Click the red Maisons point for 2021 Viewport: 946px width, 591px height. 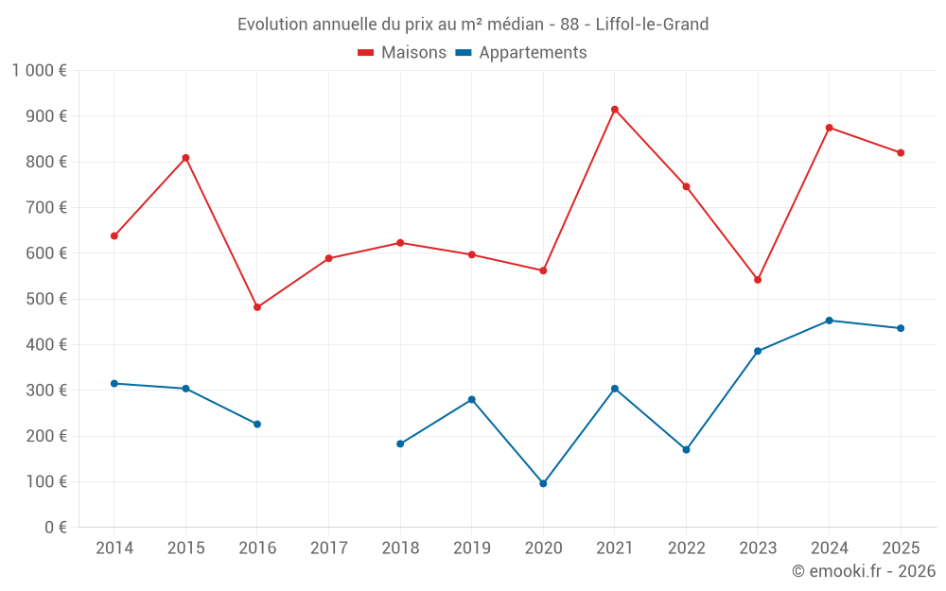(615, 110)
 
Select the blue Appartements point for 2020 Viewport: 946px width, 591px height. (543, 483)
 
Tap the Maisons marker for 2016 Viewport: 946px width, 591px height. (257, 307)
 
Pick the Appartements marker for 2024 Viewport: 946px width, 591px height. (830, 321)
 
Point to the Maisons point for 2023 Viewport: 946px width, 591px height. (758, 280)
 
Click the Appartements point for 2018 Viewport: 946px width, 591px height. (400, 443)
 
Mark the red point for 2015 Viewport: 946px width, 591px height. (185, 158)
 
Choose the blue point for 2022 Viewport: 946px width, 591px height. (686, 449)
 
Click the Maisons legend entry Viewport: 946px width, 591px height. (402, 53)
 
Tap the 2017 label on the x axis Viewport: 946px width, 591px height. (328, 548)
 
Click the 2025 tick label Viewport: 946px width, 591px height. (901, 548)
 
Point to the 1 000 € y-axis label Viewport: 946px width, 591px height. (39, 71)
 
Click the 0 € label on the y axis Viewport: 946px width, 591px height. (54, 528)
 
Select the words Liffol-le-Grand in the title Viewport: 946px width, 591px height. (652, 25)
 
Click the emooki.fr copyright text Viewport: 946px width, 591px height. (864, 571)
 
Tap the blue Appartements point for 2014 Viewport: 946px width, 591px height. (114, 383)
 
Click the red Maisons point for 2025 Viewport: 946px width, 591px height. (901, 153)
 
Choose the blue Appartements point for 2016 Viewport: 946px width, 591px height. (257, 424)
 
